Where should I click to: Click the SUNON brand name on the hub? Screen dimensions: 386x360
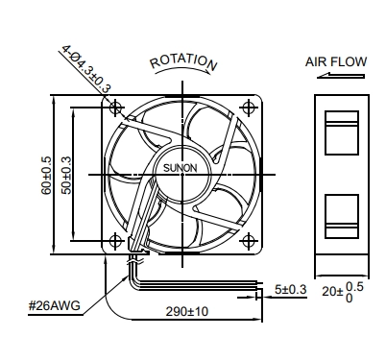pyautogui.click(x=181, y=168)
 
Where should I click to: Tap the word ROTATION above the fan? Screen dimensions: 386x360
pyautogui.click(x=183, y=62)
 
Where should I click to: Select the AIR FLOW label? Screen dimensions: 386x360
pyautogui.click(x=336, y=61)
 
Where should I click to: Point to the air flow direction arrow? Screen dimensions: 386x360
pyautogui.click(x=341, y=76)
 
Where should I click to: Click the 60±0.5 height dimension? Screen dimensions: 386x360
pyautogui.click(x=46, y=175)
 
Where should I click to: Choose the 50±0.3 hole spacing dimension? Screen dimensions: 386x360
pyautogui.click(x=67, y=175)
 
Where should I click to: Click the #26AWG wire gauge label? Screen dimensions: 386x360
pyautogui.click(x=55, y=306)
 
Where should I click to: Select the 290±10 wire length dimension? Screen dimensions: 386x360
pyautogui.click(x=187, y=311)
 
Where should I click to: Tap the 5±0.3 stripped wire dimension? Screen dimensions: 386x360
pyautogui.click(x=291, y=290)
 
